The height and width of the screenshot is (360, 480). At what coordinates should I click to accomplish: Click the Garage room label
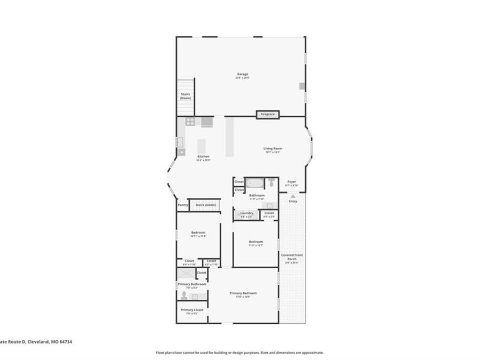pyautogui.click(x=243, y=74)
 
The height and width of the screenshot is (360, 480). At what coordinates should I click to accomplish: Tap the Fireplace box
pyautogui.click(x=268, y=114)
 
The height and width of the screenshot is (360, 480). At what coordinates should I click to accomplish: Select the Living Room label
pyautogui.click(x=273, y=148)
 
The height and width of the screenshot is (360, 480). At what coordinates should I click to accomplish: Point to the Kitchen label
pyautogui.click(x=203, y=156)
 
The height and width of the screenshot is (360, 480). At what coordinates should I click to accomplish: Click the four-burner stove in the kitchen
pyautogui.click(x=190, y=122)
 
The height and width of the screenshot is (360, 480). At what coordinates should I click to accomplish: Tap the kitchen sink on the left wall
pyautogui.click(x=180, y=142)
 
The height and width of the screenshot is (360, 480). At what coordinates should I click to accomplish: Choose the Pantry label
pyautogui.click(x=182, y=205)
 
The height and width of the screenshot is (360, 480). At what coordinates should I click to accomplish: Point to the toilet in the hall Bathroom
pyautogui.click(x=271, y=183)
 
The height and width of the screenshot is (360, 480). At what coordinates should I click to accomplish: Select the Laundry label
pyautogui.click(x=246, y=213)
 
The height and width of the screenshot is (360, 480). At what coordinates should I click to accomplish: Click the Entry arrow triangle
pyautogui.click(x=293, y=196)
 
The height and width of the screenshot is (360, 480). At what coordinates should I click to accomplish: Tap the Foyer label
pyautogui.click(x=292, y=182)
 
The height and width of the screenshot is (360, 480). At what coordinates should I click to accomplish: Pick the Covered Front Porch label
pyautogui.click(x=292, y=257)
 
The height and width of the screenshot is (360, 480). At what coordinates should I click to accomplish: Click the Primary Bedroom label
pyautogui.click(x=243, y=293)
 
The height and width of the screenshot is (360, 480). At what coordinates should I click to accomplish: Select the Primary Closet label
pyautogui.click(x=191, y=309)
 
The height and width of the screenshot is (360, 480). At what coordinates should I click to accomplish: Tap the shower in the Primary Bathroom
pyautogui.click(x=186, y=273)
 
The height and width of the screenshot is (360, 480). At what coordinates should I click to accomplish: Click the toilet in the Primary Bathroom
pyautogui.click(x=184, y=295)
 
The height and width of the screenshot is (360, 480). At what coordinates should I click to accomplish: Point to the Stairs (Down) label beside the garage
pyautogui.click(x=185, y=96)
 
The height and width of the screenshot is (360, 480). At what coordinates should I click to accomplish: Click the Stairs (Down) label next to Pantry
pyautogui.click(x=205, y=205)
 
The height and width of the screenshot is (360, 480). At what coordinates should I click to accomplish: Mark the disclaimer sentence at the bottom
pyautogui.click(x=239, y=353)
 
